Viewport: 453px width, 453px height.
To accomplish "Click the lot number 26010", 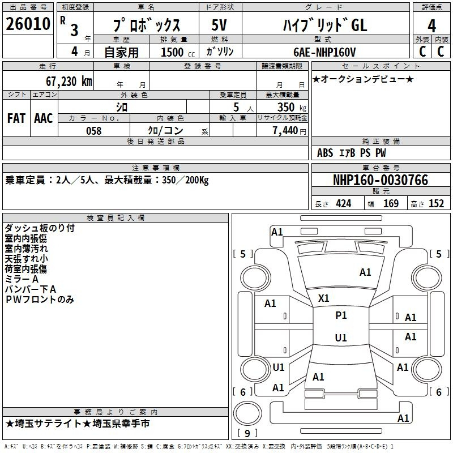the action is tap(28, 24).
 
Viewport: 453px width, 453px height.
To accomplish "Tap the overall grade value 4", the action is tap(431, 26).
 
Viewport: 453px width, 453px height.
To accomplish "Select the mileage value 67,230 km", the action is tap(69, 82).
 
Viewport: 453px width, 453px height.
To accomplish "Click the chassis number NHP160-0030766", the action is tap(381, 180).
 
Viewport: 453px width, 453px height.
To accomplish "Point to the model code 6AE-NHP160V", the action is tap(324, 52).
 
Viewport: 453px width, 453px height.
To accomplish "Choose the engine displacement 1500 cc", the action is tap(178, 52).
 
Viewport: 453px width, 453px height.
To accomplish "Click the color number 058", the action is tap(94, 131).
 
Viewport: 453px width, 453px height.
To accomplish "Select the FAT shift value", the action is tap(16, 118).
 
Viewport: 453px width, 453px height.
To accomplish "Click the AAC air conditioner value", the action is tap(44, 118).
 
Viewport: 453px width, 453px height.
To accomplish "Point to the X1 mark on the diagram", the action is tap(323, 298).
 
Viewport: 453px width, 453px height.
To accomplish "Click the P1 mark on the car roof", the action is tap(341, 315).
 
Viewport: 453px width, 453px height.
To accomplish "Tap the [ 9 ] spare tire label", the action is tap(247, 433).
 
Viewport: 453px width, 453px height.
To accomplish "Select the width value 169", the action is tap(391, 203).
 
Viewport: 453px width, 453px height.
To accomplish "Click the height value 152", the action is tap(436, 203).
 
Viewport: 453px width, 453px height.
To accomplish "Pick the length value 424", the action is tap(344, 203).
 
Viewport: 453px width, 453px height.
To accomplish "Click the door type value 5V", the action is tap(219, 25).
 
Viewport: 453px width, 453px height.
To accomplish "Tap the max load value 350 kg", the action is tap(292, 107).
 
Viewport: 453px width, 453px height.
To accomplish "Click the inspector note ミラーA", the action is tap(22, 279).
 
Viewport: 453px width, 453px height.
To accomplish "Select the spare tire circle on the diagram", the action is tap(247, 414).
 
